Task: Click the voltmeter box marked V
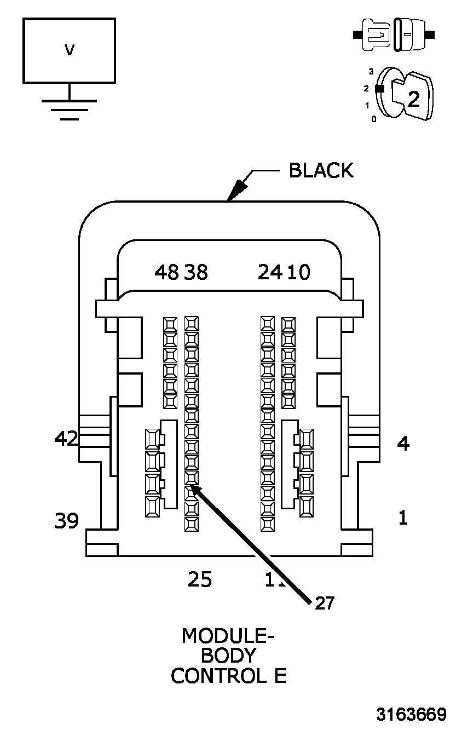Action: [69, 50]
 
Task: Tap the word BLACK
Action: [321, 170]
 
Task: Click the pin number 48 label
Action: [167, 272]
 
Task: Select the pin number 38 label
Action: [196, 272]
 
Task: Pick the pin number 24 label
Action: [270, 272]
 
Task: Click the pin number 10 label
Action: [298, 272]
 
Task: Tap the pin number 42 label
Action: [66, 438]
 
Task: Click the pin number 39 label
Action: [66, 521]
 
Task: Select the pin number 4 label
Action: [403, 443]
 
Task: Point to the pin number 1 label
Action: [403, 518]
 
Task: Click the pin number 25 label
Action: [200, 579]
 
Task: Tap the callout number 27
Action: [324, 603]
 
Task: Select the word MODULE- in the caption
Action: [228, 636]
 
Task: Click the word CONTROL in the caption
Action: [212, 676]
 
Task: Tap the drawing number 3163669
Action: [411, 714]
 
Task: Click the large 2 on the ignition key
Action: [414, 99]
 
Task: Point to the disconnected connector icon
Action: [394, 35]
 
